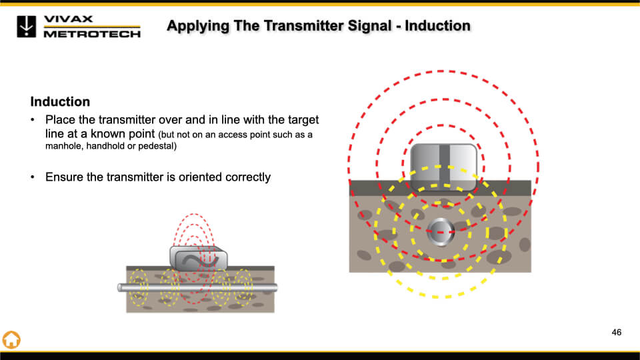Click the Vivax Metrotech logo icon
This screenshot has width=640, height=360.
tap(27, 26)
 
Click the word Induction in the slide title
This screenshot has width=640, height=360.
tap(437, 26)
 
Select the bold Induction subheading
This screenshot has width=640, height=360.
tap(60, 102)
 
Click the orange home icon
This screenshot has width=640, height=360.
tap(11, 339)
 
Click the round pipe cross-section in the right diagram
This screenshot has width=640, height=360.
tap(441, 231)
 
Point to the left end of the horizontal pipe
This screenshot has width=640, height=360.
tap(121, 287)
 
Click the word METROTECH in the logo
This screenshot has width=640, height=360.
tap(92, 34)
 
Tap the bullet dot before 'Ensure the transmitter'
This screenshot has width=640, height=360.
tap(33, 177)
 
